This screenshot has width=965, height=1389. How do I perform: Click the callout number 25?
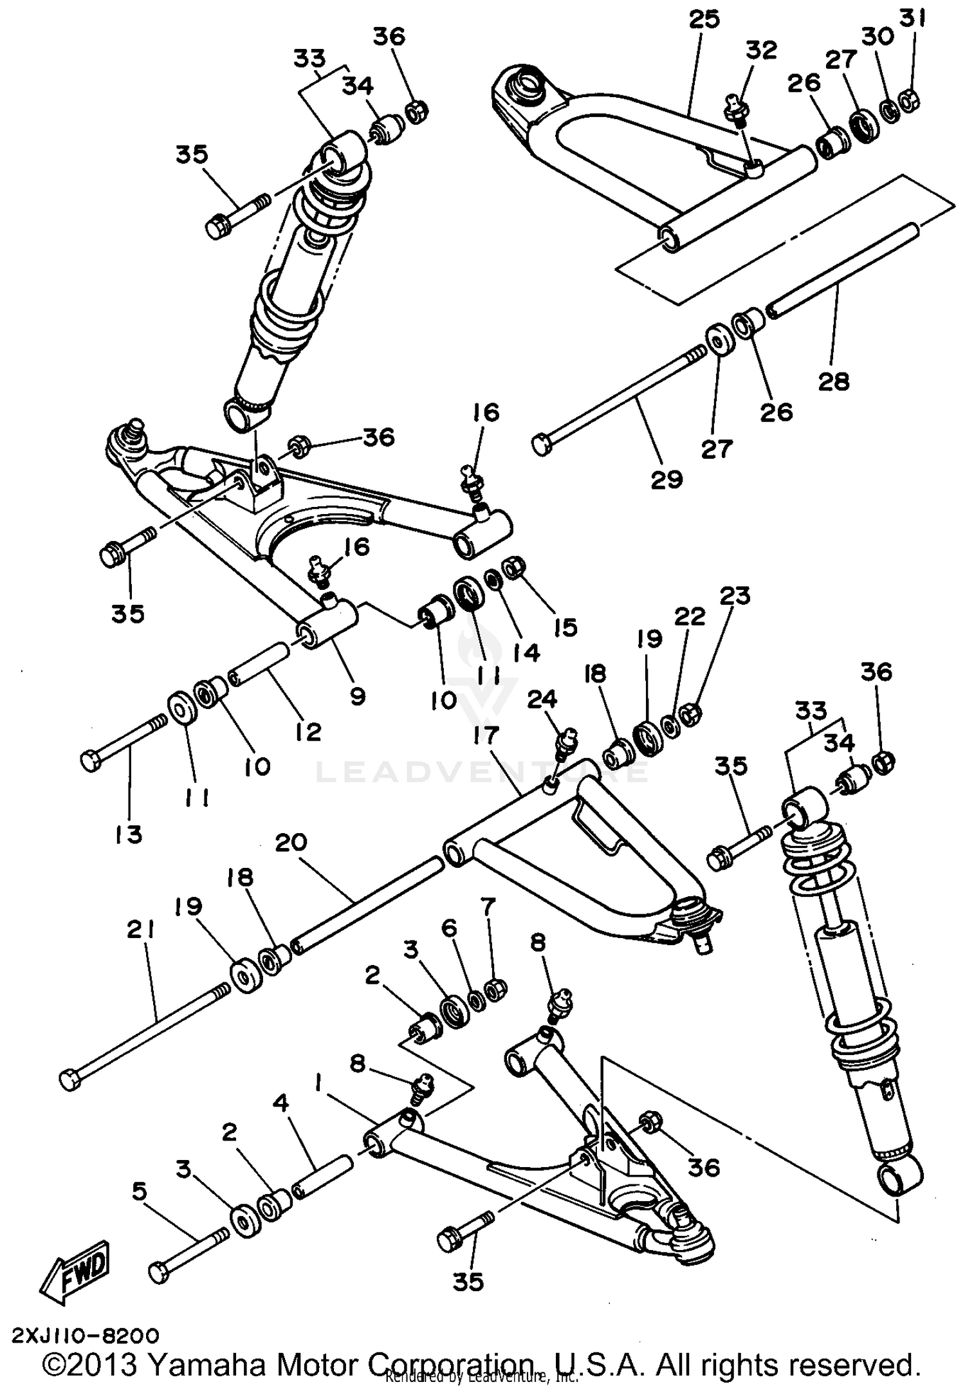704,19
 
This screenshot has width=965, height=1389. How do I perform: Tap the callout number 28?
834,381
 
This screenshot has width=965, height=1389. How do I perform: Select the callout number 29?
666,479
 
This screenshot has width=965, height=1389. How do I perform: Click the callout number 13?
128,834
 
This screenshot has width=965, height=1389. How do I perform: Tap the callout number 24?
542,699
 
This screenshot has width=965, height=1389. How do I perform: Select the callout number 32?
761,50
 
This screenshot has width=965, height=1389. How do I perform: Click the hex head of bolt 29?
542,445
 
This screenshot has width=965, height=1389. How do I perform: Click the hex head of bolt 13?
90,761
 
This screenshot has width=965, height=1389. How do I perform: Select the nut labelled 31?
908,100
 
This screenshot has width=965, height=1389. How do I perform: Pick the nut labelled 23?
691,714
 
